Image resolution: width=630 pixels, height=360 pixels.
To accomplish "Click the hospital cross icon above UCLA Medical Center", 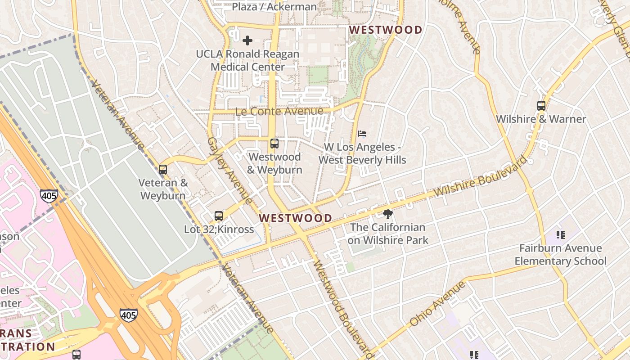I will click(247, 40).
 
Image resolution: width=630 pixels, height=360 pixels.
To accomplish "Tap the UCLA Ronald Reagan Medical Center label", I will click(247, 60).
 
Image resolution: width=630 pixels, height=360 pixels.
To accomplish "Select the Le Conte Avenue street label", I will click(279, 111).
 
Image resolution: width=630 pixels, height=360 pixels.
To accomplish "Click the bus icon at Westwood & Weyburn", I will click(274, 144).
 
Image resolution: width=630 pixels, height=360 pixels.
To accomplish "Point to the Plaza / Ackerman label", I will click(274, 7).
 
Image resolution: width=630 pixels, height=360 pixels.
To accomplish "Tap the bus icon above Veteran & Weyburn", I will click(163, 170).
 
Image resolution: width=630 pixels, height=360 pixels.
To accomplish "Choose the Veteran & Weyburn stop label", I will click(163, 189).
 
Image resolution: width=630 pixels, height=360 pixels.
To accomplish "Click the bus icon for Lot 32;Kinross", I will click(219, 216).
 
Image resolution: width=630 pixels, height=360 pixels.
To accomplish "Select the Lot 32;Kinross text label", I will click(219, 229).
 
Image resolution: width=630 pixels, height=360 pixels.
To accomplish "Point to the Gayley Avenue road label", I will click(229, 170).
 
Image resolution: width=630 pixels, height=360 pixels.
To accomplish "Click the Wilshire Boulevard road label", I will click(480, 176).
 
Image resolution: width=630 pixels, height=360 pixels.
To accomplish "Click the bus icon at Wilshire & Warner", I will click(541, 106).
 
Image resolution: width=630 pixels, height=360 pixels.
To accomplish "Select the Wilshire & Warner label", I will click(541, 119).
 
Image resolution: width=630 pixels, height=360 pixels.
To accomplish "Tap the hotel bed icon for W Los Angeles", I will click(362, 134).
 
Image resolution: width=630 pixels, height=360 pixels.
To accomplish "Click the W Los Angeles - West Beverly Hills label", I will click(362, 153).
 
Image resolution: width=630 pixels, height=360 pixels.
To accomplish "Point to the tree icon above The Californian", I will click(387, 214).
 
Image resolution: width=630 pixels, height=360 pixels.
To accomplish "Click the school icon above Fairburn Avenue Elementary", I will click(560, 234).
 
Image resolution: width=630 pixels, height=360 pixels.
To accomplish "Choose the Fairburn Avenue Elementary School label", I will click(560, 255).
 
